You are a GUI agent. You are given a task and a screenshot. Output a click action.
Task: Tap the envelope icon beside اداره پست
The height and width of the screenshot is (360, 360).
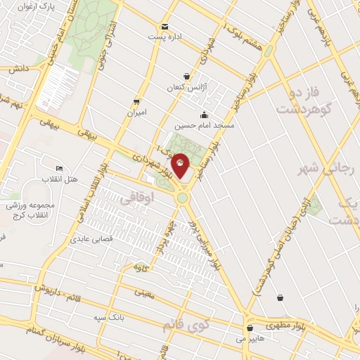tap(165, 25)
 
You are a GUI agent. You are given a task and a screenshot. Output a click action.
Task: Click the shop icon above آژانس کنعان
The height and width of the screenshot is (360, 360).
tap(186, 77)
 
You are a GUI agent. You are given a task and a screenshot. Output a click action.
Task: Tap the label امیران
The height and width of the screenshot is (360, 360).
tap(136, 112)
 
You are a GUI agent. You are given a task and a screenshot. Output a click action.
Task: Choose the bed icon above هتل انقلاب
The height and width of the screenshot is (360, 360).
tap(60, 169)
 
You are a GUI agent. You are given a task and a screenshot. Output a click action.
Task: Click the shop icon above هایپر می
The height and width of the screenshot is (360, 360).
tap(250, 327)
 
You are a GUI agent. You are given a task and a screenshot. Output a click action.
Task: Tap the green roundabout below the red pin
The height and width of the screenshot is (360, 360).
tap(183, 199)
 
